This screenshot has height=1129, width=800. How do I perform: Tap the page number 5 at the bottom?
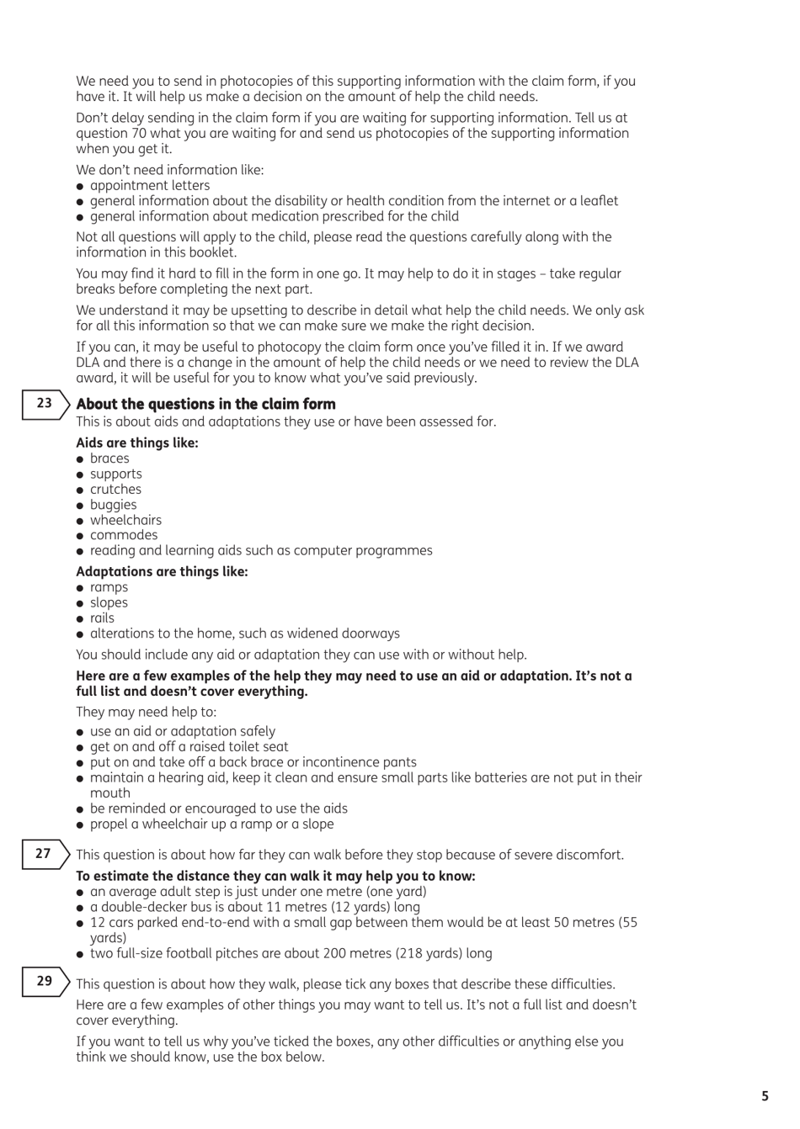pos(765,1096)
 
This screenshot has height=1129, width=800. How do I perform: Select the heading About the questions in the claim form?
pos(205,405)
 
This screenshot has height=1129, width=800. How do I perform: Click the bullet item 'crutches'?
pos(115,490)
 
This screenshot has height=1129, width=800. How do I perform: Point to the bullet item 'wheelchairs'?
pos(125,521)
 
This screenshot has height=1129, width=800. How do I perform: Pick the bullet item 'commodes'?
pos(124,535)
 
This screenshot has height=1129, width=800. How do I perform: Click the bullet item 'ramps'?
pos(109,587)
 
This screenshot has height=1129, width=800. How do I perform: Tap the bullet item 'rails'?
pos(102,618)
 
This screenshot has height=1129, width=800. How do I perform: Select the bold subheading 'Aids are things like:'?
pos(136,443)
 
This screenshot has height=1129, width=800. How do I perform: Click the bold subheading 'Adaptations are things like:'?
pos(162,572)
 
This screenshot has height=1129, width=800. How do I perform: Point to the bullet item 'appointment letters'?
pos(149,186)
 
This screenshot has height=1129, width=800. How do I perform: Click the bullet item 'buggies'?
pos(113,505)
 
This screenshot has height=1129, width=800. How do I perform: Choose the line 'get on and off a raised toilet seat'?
pos(189,747)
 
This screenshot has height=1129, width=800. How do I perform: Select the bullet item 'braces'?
pos(109,458)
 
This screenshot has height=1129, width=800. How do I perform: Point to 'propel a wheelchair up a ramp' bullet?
pos(211,824)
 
